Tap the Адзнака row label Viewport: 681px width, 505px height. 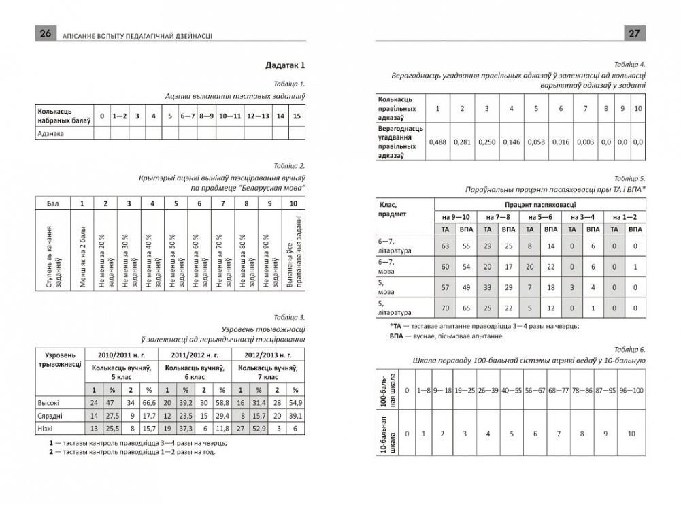click(x=49, y=133)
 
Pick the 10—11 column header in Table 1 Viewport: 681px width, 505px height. click(x=230, y=116)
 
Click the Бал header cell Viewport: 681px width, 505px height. click(x=52, y=203)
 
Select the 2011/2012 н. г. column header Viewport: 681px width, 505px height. click(x=195, y=355)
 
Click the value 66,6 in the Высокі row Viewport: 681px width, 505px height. click(x=149, y=403)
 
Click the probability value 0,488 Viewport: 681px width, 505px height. click(x=437, y=142)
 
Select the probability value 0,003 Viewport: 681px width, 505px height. click(x=584, y=142)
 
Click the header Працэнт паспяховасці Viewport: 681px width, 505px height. click(x=538, y=203)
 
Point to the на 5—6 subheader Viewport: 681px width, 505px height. click(x=538, y=216)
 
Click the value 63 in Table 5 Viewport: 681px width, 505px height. click(x=446, y=245)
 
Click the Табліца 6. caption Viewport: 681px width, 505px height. click(x=628, y=347)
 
